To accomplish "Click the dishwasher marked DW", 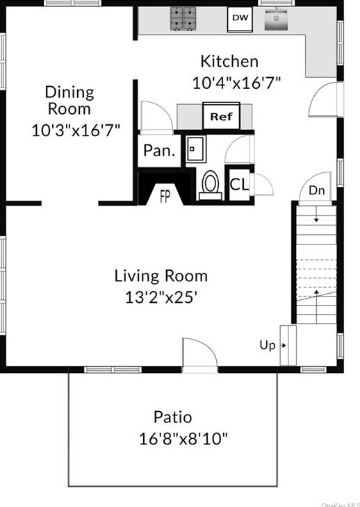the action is click(x=240, y=19).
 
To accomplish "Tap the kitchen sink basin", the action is click(x=276, y=19).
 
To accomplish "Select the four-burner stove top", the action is click(x=183, y=19).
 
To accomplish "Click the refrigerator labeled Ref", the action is click(x=221, y=116).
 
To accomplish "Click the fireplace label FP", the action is click(x=165, y=197).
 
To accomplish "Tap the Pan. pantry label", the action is click(x=159, y=151).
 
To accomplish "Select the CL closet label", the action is click(x=239, y=185).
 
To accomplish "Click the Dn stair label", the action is click(x=316, y=190).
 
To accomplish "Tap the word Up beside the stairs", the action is click(x=268, y=345).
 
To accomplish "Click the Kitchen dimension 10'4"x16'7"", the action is click(x=236, y=83).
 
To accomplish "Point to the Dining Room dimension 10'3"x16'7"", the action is click(x=76, y=131).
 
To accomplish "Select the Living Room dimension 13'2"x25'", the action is click(x=161, y=297).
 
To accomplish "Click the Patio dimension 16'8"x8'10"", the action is click(x=183, y=439).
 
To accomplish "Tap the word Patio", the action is click(x=173, y=417).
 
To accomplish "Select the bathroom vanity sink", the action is click(x=196, y=149).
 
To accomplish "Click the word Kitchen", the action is click(x=229, y=61).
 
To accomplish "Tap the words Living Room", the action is click(x=161, y=276).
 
